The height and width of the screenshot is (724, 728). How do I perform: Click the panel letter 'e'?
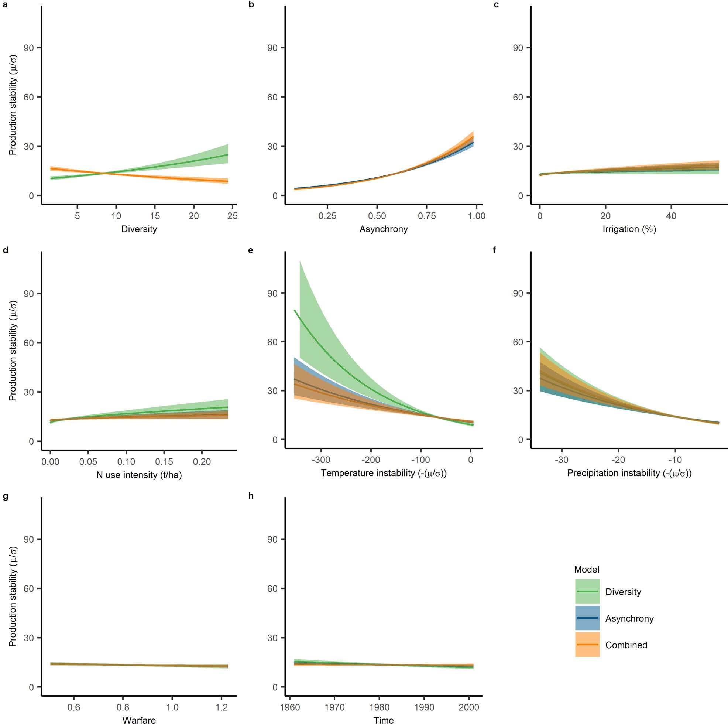point(251,250)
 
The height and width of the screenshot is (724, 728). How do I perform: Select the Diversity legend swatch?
point(587,592)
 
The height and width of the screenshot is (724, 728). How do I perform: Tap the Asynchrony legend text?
point(629,618)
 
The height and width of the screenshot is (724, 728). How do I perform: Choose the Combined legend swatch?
point(587,645)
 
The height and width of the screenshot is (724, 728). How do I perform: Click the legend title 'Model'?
point(586,569)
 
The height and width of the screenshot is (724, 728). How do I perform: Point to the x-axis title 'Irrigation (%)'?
point(629,229)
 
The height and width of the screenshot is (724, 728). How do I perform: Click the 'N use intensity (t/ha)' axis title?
point(139,475)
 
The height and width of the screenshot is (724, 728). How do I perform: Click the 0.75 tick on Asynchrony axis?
point(426,216)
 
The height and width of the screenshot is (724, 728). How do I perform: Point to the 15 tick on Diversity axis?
point(155,216)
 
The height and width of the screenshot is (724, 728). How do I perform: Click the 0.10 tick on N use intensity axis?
point(126,462)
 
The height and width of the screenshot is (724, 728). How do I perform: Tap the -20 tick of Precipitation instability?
point(618,460)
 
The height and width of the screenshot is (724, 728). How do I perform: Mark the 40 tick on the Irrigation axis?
point(671,216)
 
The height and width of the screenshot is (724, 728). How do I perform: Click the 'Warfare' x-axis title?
point(139,720)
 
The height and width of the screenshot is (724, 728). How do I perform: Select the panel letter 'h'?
point(251,495)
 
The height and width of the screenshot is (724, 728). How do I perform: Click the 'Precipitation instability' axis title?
point(629,473)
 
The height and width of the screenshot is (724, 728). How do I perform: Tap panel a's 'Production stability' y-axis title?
point(13,105)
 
